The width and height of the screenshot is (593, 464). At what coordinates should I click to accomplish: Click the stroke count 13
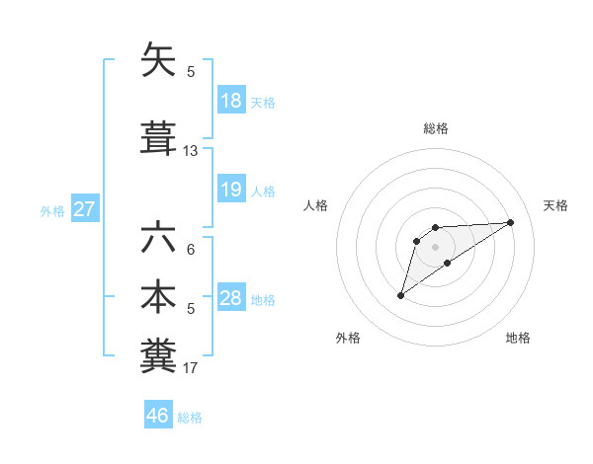(191, 151)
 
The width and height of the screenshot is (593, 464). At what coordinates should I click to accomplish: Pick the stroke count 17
(191, 369)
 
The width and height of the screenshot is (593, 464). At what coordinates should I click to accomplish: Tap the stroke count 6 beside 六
(191, 251)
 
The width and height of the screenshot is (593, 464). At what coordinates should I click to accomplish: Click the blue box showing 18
(230, 101)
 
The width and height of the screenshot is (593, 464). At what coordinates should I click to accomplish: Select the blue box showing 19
(230, 190)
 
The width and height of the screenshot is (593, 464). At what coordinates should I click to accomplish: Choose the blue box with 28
(230, 298)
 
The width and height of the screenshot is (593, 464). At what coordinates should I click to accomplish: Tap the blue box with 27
(84, 209)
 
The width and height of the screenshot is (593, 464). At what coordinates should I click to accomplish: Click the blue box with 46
(157, 416)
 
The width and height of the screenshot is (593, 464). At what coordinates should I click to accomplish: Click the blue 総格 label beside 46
(190, 418)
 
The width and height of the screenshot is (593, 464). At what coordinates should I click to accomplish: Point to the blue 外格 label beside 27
(51, 211)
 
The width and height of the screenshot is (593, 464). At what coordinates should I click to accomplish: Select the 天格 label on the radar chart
(556, 205)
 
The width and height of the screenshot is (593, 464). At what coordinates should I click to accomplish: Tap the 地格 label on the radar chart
(518, 338)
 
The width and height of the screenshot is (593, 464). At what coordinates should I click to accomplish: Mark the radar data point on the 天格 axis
(511, 221)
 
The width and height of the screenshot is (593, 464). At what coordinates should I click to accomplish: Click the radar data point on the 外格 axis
(400, 295)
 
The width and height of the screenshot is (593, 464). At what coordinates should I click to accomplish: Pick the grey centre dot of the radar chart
(435, 246)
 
